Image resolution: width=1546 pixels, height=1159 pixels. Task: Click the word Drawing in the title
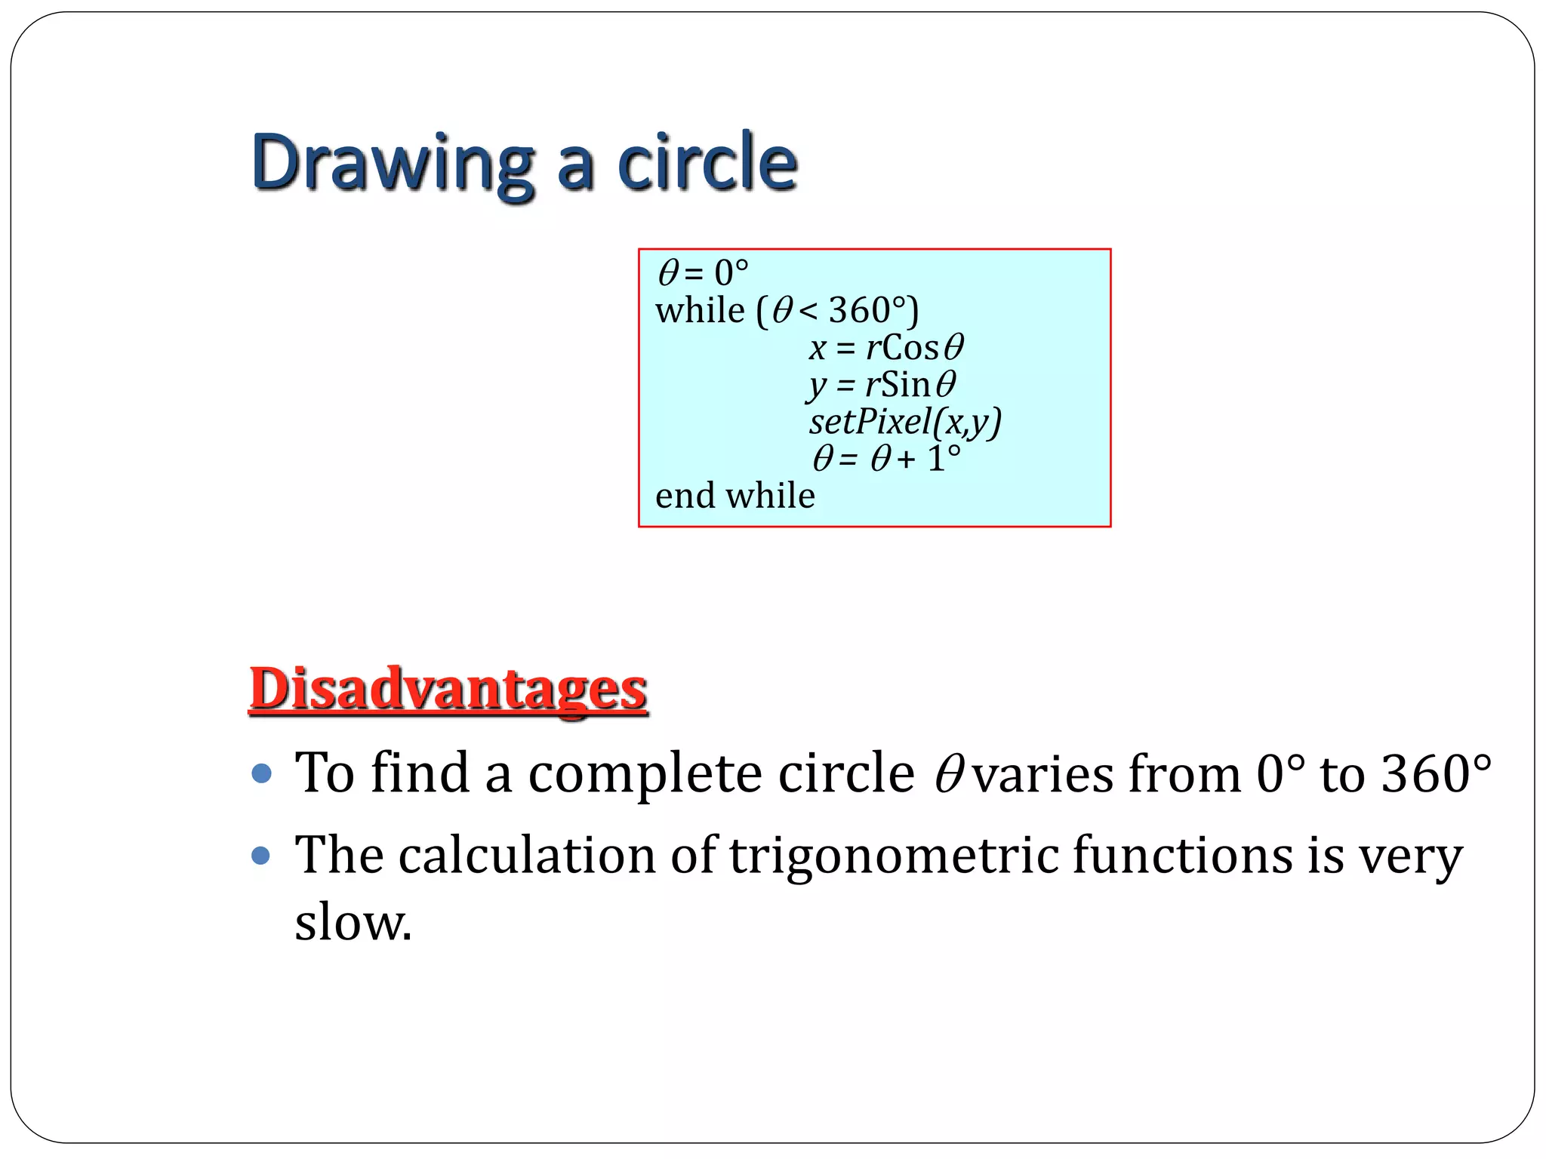[x=393, y=163]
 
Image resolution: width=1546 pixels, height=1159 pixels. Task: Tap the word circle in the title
[x=707, y=163]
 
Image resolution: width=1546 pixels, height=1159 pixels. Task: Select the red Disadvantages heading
[x=448, y=688]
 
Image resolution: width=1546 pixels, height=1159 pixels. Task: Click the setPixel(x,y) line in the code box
[x=905, y=422]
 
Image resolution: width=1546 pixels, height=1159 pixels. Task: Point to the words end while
[x=735, y=496]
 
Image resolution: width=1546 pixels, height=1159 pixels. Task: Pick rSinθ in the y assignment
[x=910, y=385]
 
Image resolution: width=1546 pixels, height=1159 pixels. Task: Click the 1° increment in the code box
[x=944, y=459]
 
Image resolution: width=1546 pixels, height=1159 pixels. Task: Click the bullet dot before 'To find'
[x=261, y=773]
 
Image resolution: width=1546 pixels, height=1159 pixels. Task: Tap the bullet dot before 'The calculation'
[x=261, y=856]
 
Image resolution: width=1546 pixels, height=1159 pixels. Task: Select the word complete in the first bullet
[x=645, y=773]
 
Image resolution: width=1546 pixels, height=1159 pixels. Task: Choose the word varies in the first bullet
[x=1042, y=773]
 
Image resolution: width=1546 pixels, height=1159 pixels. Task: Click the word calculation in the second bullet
[x=527, y=856]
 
